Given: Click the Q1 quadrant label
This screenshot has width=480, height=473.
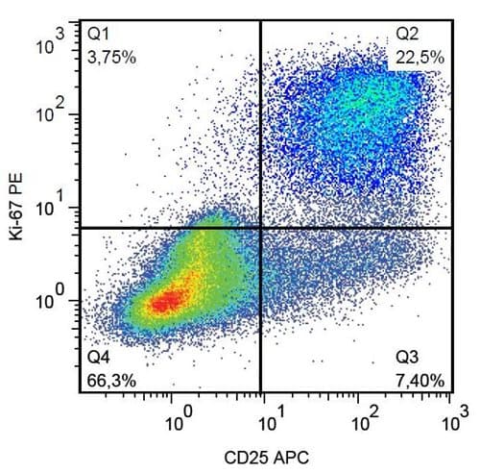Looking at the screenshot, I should [x=98, y=35].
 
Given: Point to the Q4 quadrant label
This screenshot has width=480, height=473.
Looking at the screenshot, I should [x=99, y=358].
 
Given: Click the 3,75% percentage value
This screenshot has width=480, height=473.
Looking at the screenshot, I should [x=111, y=57].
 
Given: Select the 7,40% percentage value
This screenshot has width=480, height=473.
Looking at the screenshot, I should [x=420, y=380].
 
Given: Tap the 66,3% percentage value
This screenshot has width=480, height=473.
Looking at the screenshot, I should [x=111, y=380].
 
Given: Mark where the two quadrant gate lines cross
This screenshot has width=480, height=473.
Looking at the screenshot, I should [x=261, y=228].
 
